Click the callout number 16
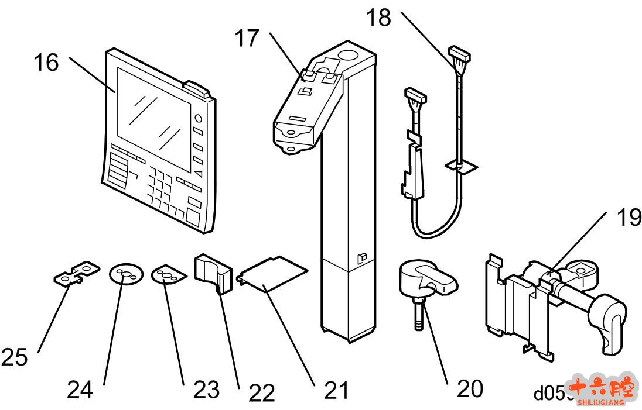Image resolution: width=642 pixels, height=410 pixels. (x=46, y=62)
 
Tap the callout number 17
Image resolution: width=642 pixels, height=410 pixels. (x=247, y=39)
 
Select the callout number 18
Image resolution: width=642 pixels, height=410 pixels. (x=379, y=18)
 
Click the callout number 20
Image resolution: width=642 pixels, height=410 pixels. (x=469, y=388)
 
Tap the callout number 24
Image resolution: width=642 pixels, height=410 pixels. (x=79, y=390)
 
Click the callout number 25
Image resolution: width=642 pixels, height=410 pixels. (x=15, y=357)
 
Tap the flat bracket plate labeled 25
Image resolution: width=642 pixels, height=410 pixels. (x=76, y=273)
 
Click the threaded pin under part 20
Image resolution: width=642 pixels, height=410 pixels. (x=419, y=313)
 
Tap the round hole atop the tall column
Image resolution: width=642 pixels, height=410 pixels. (x=349, y=56)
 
